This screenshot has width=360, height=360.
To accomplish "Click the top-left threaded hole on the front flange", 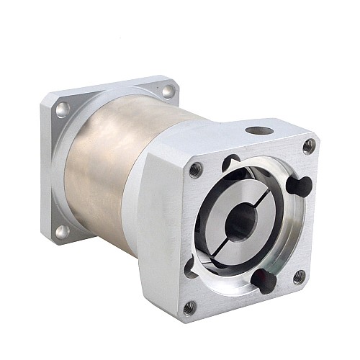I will pyautogui.click(x=194, y=170).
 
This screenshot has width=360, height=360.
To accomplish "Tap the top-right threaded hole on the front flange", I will pyautogui.click(x=309, y=145).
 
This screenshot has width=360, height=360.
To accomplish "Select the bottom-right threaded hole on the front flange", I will pyautogui.click(x=299, y=276).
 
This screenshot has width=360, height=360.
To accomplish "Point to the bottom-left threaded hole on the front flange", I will pyautogui.click(x=189, y=307).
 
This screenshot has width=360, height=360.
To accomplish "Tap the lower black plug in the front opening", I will pyautogui.click(x=264, y=279).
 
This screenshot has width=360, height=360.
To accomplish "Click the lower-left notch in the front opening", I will pyautogui.click(x=191, y=268).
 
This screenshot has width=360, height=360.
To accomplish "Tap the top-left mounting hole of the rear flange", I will pyautogui.click(x=63, y=109).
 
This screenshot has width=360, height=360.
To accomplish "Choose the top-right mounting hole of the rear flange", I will pyautogui.click(x=168, y=91).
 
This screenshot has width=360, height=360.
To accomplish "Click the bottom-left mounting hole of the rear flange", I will pyautogui.click(x=61, y=231).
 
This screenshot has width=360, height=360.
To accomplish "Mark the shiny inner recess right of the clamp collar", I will pyautogui.click(x=284, y=230).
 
